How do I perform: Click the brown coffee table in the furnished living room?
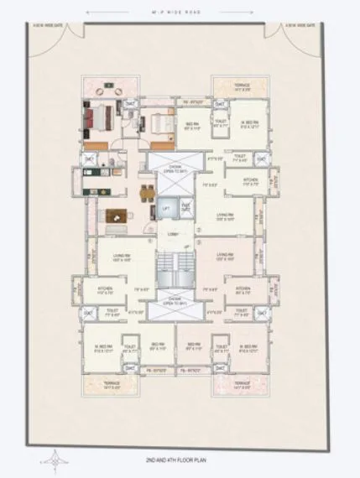pos(114,214)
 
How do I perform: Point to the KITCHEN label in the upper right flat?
pos(251,181)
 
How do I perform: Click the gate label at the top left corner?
pos(51,25)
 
